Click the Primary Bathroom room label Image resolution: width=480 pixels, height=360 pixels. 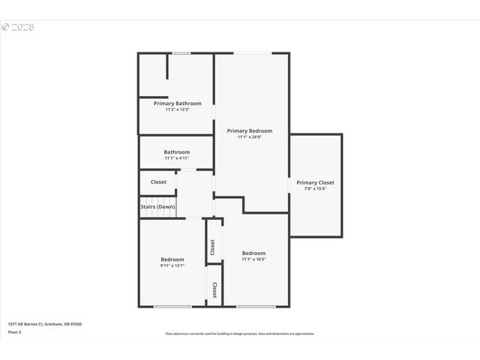click(x=177, y=103)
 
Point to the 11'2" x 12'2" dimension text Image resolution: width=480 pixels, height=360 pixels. click(x=177, y=109)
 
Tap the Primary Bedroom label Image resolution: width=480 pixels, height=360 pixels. click(x=249, y=130)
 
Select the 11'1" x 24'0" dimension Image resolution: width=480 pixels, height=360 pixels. click(x=249, y=137)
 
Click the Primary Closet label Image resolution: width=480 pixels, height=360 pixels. click(x=315, y=182)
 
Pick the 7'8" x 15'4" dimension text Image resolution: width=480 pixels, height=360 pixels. click(x=315, y=189)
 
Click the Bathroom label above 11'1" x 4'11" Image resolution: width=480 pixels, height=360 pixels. click(x=177, y=151)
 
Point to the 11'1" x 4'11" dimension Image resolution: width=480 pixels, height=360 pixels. click(x=177, y=158)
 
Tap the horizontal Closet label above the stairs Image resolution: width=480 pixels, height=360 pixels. click(x=158, y=182)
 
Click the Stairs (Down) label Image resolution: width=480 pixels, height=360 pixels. click(x=157, y=207)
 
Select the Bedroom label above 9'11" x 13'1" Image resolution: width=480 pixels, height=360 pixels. click(x=172, y=259)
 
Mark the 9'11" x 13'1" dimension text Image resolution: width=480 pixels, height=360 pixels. click(x=172, y=265)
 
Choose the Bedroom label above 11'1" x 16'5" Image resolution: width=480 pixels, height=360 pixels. click(x=253, y=253)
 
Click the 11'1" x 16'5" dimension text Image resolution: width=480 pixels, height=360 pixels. click(x=253, y=259)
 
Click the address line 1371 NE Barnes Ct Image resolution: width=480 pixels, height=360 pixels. click(x=45, y=324)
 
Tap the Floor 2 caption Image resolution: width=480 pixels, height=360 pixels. click(x=15, y=331)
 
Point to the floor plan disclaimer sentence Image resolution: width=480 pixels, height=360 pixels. click(x=240, y=334)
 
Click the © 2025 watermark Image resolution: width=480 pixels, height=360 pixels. click(x=18, y=27)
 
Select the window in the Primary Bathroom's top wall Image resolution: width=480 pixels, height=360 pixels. click(x=180, y=53)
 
